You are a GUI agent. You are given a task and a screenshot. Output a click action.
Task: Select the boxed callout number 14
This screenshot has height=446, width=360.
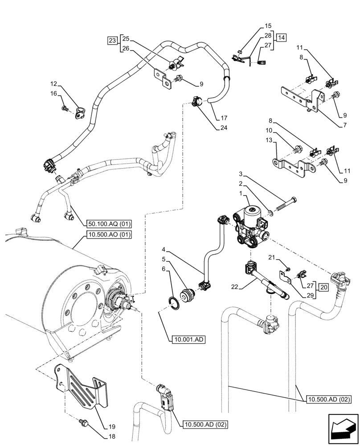click(281, 37)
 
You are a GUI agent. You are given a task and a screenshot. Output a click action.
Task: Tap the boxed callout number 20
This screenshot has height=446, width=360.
click(324, 287)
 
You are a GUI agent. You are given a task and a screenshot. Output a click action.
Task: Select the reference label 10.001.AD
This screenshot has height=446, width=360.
click(187, 340)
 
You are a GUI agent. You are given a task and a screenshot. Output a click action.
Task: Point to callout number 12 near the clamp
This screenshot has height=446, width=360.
click(53, 83)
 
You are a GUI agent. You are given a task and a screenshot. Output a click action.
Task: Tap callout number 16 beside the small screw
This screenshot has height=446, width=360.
click(53, 94)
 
